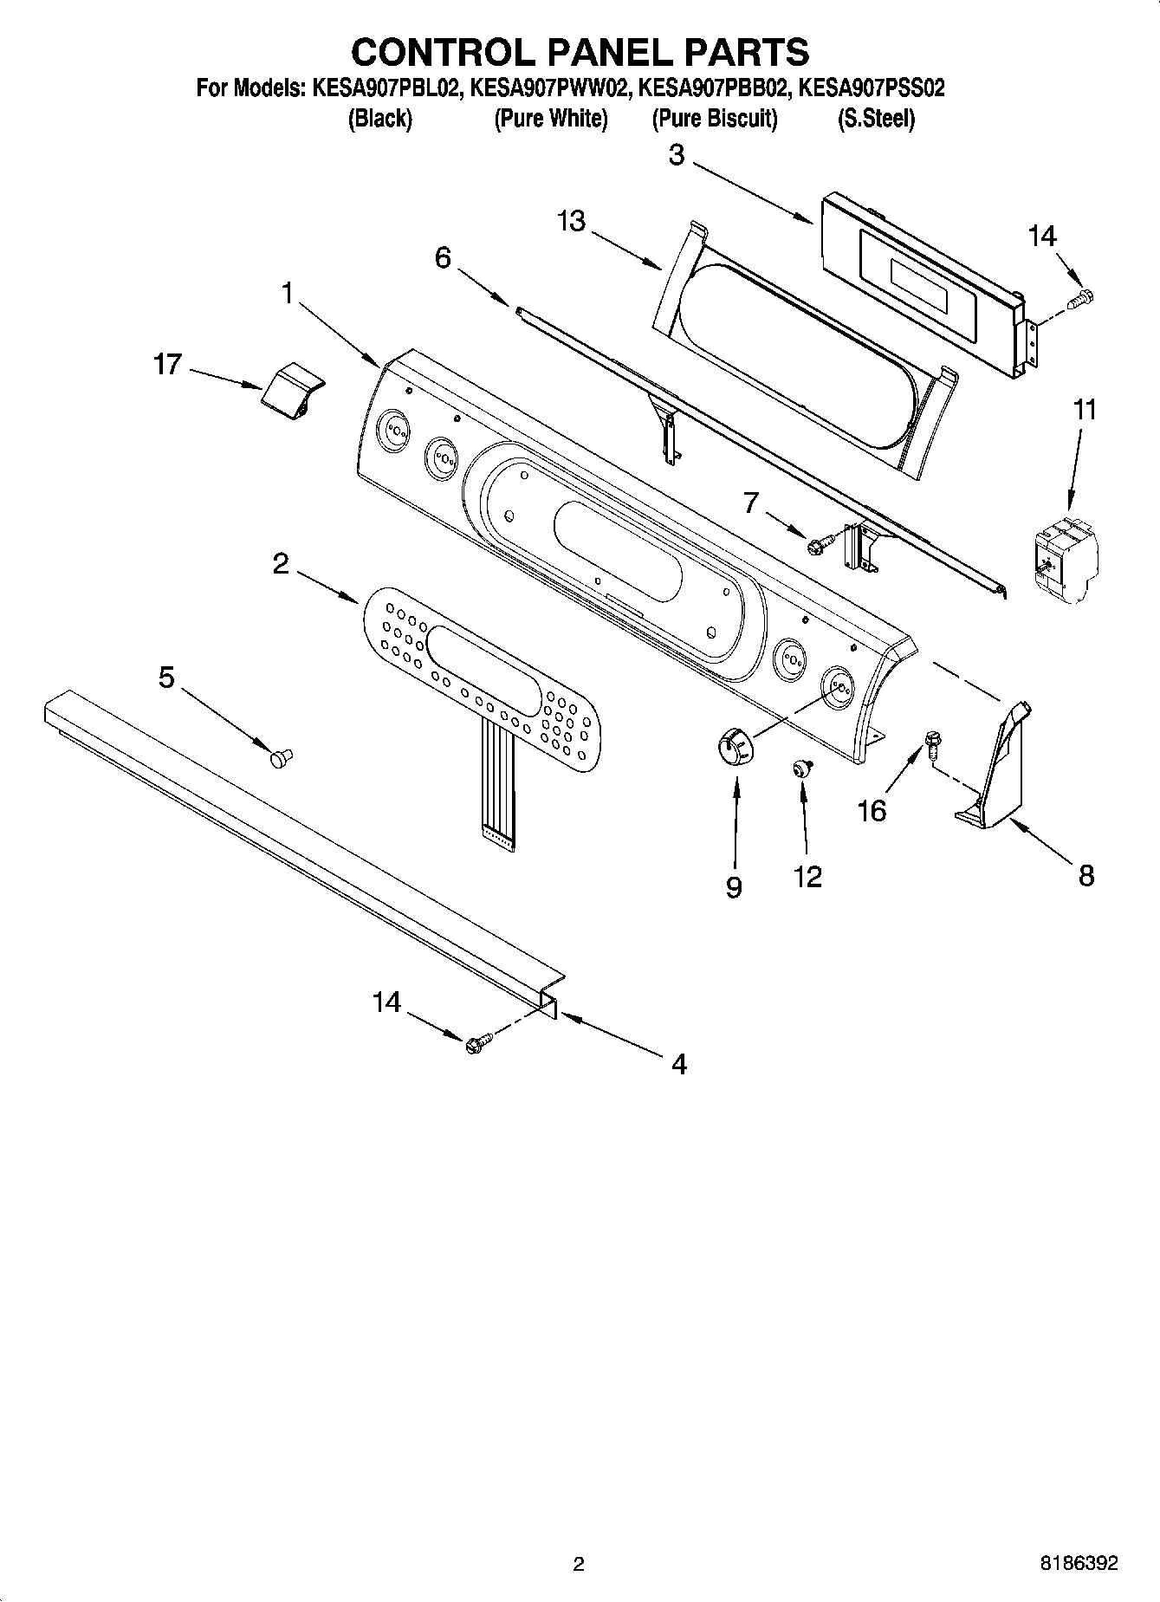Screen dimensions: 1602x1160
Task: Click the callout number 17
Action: [x=167, y=364]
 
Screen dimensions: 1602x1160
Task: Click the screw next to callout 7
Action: [x=819, y=544]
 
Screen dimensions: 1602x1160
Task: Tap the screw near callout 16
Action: [x=933, y=743]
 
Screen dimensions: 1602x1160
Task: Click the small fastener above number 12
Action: [x=802, y=766]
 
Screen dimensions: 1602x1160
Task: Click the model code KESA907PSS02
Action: [x=871, y=88]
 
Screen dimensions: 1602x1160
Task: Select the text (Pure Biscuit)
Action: [x=714, y=119]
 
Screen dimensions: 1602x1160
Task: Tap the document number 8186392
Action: [x=1079, y=1564]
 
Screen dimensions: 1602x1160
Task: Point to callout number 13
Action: [x=572, y=222]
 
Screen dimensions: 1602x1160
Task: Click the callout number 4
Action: [x=679, y=1064]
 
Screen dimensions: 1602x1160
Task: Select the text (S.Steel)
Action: [x=875, y=119]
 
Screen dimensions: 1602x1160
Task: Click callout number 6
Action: [x=443, y=257]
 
